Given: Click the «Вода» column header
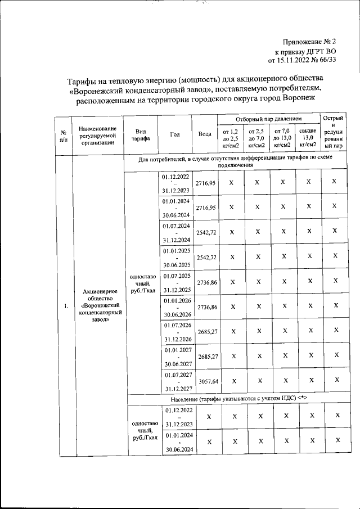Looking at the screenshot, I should coord(205,134).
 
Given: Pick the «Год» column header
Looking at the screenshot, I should coord(175,134).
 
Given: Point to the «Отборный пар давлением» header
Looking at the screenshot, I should coord(268,119).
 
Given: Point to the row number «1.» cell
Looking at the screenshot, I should coord(65,306).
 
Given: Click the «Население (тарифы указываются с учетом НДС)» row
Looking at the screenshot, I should coord(238,398).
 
